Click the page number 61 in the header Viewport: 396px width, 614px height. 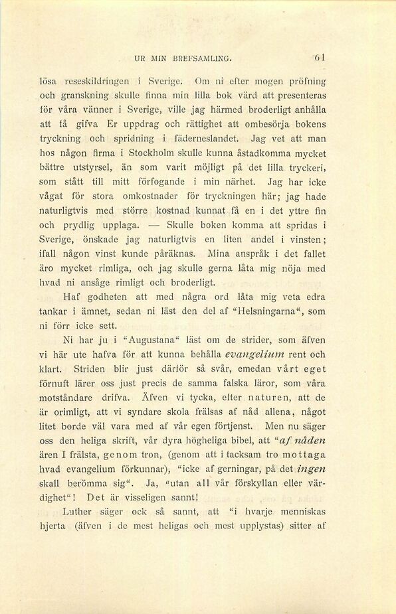pyautogui.click(x=320, y=58)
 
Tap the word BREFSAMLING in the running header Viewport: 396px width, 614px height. pyautogui.click(x=201, y=58)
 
